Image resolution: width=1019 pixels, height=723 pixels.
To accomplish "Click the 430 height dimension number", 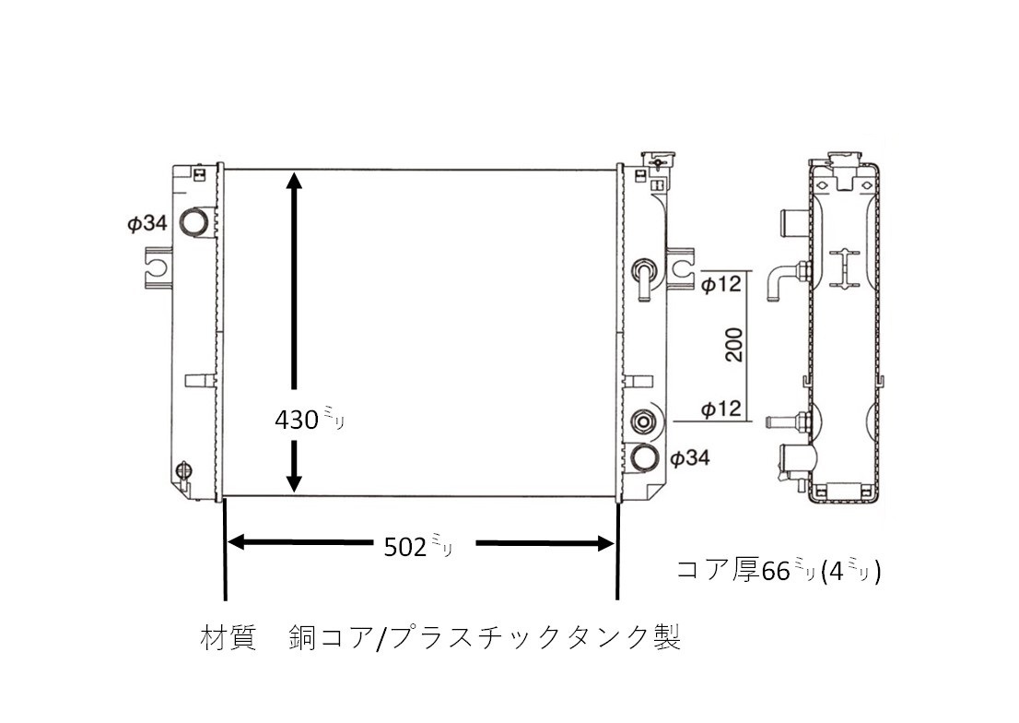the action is (297, 420).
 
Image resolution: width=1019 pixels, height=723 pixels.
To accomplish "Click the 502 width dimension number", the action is (404, 547).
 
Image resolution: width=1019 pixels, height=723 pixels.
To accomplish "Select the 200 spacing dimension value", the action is (733, 345).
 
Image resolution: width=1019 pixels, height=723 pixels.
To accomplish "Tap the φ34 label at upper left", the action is (147, 224).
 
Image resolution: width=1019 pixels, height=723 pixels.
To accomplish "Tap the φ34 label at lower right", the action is (690, 458).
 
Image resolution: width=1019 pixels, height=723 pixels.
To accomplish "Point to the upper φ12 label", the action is (721, 284).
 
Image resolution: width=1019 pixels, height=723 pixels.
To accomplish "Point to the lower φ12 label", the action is (721, 409).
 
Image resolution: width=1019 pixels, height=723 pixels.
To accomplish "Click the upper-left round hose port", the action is (193, 221).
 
